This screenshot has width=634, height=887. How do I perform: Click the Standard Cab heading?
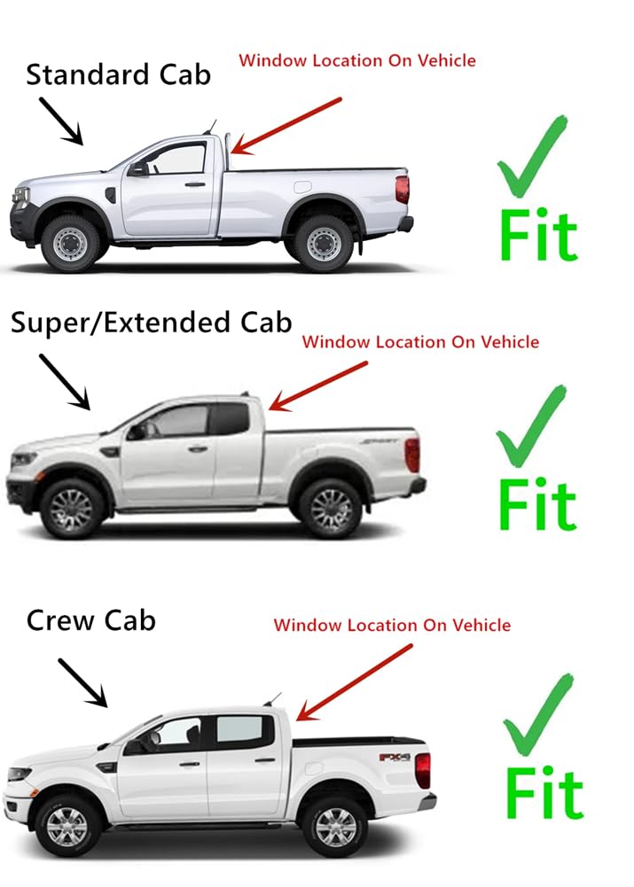pyautogui.click(x=118, y=74)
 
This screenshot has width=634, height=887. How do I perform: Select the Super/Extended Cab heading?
pyautogui.click(x=151, y=323)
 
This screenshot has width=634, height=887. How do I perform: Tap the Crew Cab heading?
pyautogui.click(x=90, y=619)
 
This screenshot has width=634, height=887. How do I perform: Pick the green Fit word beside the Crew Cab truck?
pyautogui.click(x=544, y=793)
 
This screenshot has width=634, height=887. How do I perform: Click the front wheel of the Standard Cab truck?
pyautogui.click(x=71, y=242)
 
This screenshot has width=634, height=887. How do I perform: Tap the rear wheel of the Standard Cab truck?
pyautogui.click(x=324, y=242)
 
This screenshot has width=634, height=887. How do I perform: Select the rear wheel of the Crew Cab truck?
pyautogui.click(x=334, y=825)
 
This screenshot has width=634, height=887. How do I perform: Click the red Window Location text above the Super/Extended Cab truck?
pyautogui.click(x=420, y=341)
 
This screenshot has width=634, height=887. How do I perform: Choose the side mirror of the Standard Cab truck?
pyautogui.click(x=138, y=169)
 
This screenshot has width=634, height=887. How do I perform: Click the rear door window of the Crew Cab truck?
pyautogui.click(x=240, y=731)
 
